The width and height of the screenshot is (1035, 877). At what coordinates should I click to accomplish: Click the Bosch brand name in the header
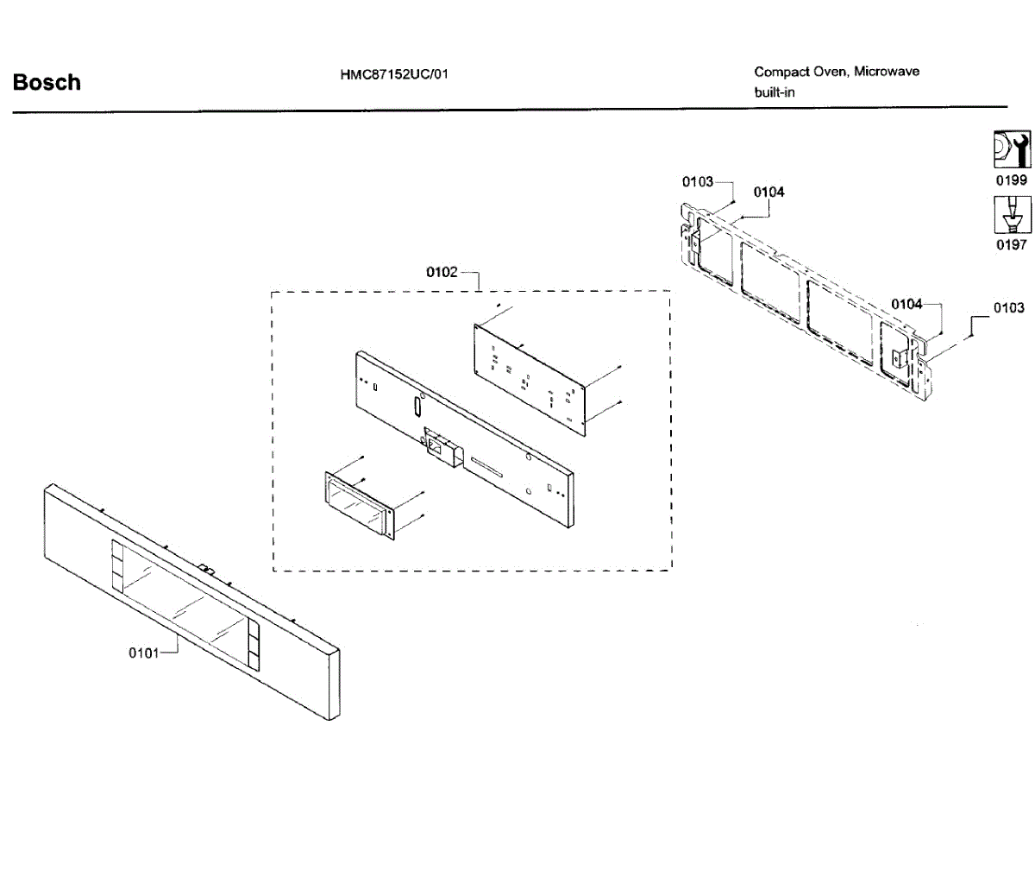(47, 83)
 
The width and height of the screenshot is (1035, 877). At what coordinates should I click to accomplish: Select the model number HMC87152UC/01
(394, 74)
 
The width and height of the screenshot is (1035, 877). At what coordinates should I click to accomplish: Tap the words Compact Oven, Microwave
(837, 72)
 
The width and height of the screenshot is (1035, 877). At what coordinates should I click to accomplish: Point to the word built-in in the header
(775, 92)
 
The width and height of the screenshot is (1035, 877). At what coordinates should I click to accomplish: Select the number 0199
(1011, 180)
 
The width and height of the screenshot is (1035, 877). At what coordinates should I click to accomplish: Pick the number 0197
(1011, 245)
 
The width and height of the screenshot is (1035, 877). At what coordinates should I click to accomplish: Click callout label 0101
(144, 653)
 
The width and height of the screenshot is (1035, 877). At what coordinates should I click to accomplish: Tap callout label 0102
(442, 272)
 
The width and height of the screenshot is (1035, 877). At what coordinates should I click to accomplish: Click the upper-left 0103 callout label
(698, 181)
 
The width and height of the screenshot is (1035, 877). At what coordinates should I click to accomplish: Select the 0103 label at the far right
(1008, 307)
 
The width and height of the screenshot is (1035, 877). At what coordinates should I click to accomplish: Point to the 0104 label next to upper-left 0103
(768, 192)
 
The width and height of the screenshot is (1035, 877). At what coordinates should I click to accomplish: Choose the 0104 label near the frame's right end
(906, 304)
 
